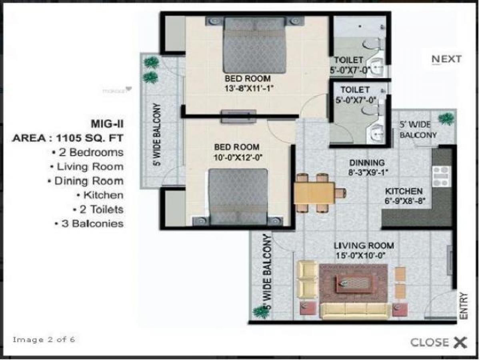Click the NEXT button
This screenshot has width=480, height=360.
[446, 59]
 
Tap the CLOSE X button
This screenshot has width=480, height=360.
[438, 342]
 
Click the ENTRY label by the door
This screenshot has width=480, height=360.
[464, 306]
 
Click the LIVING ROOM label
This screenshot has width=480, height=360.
[364, 246]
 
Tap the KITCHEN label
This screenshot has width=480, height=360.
[404, 191]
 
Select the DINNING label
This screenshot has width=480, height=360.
[367, 163]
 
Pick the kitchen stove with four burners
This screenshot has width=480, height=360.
[441, 176]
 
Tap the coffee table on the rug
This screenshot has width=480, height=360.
[354, 283]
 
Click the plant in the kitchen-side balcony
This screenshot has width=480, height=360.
[446, 119]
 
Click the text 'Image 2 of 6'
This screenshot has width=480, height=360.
[44, 340]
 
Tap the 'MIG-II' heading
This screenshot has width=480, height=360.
[107, 123]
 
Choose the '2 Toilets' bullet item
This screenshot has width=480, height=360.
[98, 209]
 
